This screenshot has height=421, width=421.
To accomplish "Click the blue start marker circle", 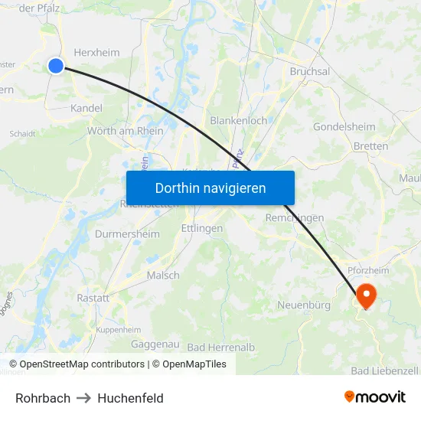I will (56, 66).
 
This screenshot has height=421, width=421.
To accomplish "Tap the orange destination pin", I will (366, 295).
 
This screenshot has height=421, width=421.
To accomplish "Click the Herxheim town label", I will (96, 52).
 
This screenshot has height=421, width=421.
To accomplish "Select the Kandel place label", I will (86, 108).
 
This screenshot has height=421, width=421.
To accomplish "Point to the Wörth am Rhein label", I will (126, 131).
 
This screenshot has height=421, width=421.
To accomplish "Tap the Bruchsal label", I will (309, 71).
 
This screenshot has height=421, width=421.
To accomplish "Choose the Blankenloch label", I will (238, 120).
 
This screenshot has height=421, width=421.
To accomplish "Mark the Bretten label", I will (371, 145).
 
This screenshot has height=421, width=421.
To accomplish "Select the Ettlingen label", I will (202, 228).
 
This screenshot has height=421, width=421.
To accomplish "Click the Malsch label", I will (163, 276).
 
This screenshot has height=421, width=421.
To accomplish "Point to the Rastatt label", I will (93, 298).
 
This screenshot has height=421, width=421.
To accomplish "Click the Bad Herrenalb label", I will (220, 347).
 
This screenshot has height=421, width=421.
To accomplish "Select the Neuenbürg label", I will (303, 305).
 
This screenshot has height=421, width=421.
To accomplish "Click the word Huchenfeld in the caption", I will (130, 398).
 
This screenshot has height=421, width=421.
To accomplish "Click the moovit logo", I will (375, 397).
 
